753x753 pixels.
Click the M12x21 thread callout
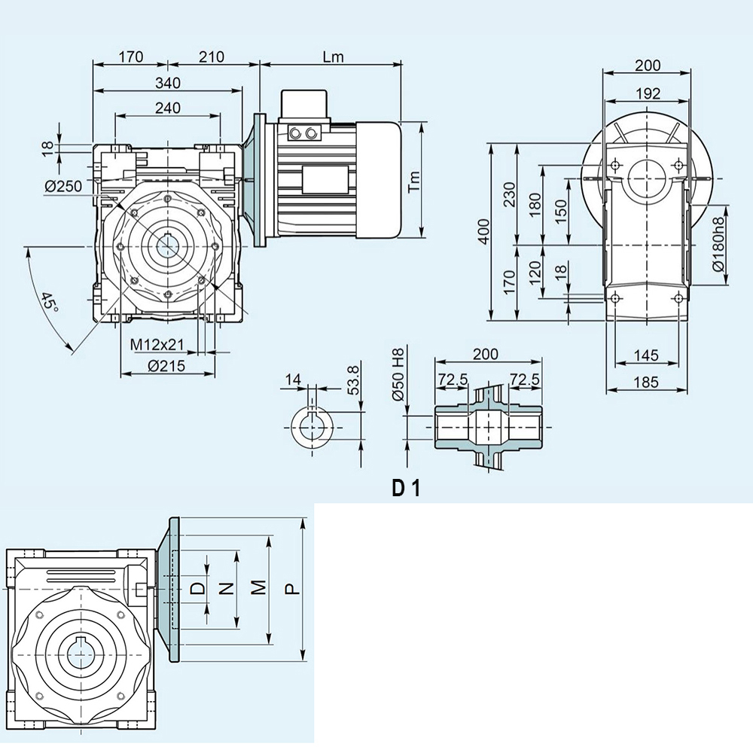click(157, 344)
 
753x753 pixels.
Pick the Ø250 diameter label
click(62, 187)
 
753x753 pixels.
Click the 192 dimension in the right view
click(648, 93)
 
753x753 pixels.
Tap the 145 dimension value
click(647, 355)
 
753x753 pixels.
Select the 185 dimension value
click(647, 383)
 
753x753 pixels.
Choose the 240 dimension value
click(168, 108)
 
